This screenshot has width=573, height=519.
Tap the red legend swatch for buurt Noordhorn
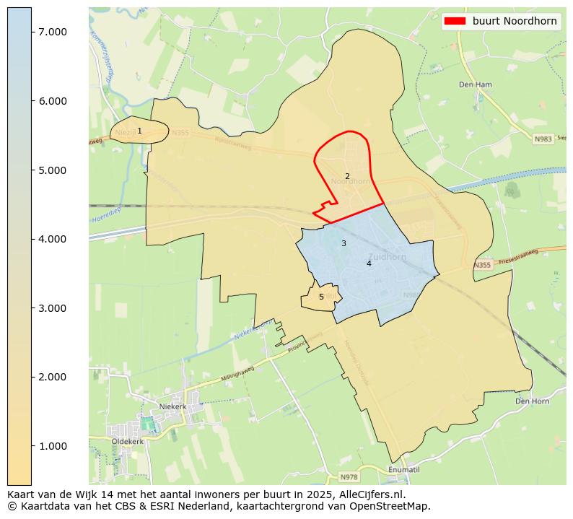(455, 21)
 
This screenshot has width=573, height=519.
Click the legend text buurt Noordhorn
(515, 21)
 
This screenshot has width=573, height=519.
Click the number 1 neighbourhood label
(139, 131)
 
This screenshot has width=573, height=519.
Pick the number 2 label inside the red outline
(347, 176)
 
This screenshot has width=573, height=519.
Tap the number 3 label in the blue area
(344, 243)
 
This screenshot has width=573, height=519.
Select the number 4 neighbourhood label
(369, 263)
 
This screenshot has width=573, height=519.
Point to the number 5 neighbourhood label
(321, 297)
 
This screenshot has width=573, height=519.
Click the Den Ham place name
(475, 84)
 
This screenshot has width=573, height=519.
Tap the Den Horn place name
(532, 401)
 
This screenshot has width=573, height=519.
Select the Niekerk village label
(172, 406)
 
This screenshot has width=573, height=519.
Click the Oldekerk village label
(127, 441)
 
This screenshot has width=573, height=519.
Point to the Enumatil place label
(403, 469)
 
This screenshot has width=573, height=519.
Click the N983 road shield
(543, 139)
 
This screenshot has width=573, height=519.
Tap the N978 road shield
(349, 477)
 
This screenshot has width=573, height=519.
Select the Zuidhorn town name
(388, 256)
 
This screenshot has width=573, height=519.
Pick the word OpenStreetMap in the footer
(390, 506)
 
